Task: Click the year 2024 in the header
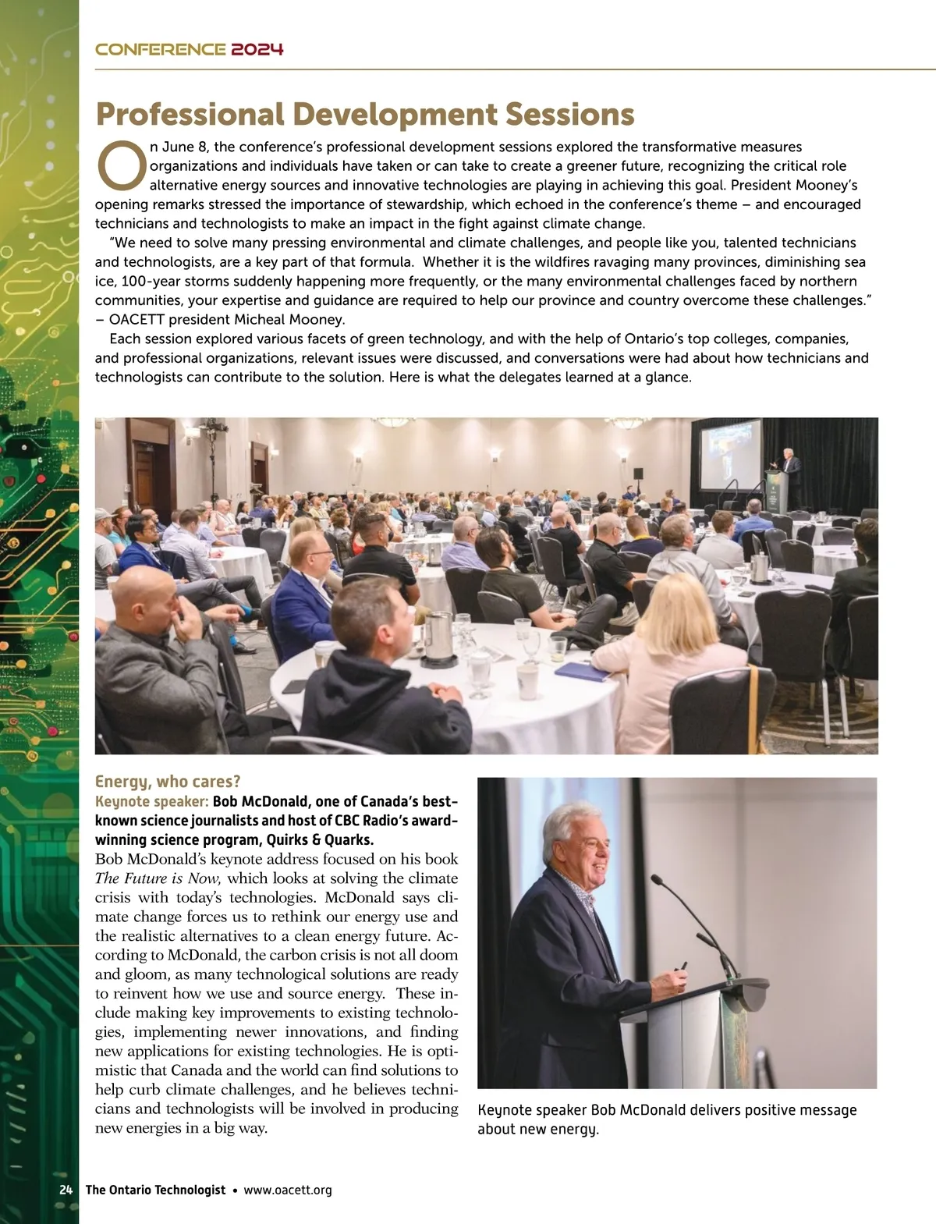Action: [x=257, y=50]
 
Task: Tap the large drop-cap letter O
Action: [x=121, y=165]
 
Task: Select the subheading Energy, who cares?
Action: [x=168, y=782]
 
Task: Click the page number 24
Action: [x=66, y=1190]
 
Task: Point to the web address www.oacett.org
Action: [x=288, y=1190]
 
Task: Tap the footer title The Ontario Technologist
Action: [x=155, y=1190]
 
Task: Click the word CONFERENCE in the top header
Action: [x=160, y=50]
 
